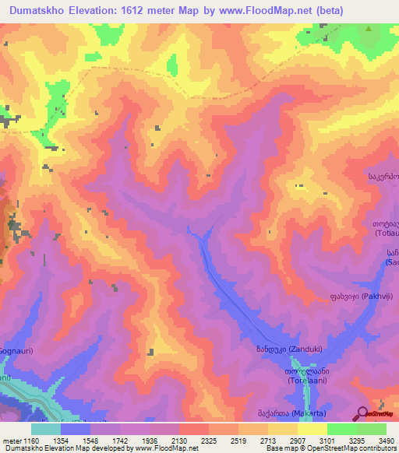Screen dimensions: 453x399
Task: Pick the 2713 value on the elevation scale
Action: (x=270, y=441)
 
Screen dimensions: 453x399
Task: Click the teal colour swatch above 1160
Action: (x=46, y=429)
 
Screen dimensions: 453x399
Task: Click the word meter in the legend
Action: (x=11, y=441)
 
